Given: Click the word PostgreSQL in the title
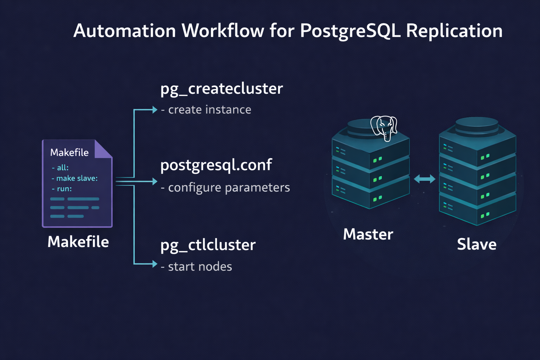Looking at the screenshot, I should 350,31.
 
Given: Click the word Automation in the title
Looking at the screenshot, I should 124,31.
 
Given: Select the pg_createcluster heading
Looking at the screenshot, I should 221,89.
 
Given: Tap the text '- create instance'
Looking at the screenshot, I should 206,110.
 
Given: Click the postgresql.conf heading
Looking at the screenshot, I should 216,165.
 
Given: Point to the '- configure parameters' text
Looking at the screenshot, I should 225,188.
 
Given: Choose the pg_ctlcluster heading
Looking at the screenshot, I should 208,245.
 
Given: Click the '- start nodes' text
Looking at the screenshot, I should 197,267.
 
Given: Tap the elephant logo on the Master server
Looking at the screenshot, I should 384,128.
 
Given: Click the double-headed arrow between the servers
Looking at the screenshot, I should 424,179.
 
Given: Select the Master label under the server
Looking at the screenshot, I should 368,234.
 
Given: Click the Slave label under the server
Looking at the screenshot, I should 476,244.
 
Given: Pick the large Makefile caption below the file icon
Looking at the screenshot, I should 78,242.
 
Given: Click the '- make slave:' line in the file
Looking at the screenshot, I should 75,178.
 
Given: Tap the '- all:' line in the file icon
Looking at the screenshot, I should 60,168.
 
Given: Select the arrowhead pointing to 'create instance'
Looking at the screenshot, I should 155,110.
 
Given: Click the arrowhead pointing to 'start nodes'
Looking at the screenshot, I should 155,264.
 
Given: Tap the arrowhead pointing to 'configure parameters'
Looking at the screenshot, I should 155,181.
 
